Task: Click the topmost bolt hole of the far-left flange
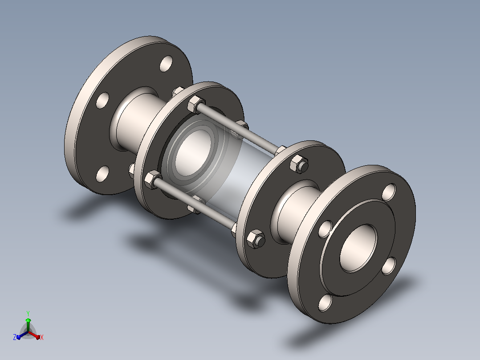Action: point(166,64)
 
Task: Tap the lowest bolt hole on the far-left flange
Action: point(102,174)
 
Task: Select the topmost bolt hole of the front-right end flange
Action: point(389,192)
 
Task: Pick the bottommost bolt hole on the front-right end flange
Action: point(325,303)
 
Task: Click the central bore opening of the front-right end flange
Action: point(358,248)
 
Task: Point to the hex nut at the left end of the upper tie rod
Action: point(195,104)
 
